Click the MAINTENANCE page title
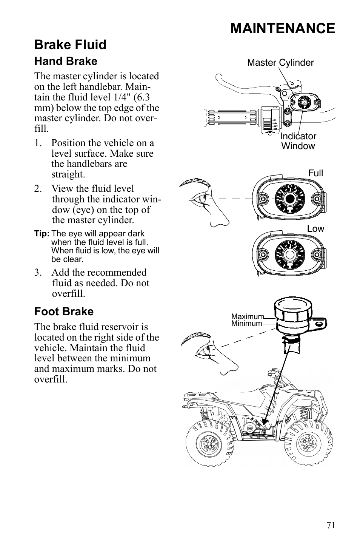(x=282, y=29)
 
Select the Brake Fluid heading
(x=70, y=45)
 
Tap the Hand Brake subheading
(x=66, y=61)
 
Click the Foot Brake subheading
(x=64, y=312)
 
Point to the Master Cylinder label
(x=280, y=63)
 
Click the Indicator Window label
(x=298, y=141)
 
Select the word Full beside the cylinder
(x=315, y=173)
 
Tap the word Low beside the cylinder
(x=315, y=229)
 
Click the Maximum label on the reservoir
(x=247, y=316)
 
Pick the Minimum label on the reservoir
(x=246, y=324)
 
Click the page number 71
(x=331, y=525)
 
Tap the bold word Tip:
(x=42, y=234)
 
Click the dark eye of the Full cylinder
(x=290, y=198)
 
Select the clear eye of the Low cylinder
(x=290, y=254)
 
